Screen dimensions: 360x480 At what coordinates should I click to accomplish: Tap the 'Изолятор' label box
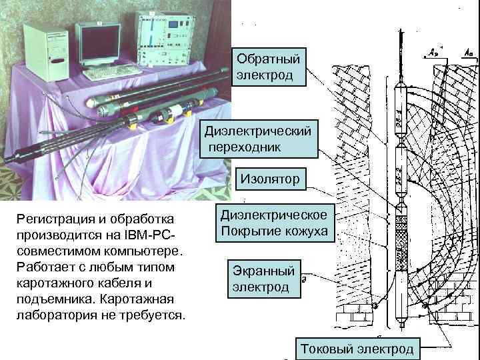[x=270, y=178]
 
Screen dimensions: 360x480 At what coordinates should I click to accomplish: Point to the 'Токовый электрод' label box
[x=357, y=349]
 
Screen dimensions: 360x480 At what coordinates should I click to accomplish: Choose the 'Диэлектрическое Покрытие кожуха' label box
[x=274, y=223]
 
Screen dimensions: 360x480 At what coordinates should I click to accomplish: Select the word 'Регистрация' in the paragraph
[x=51, y=219]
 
